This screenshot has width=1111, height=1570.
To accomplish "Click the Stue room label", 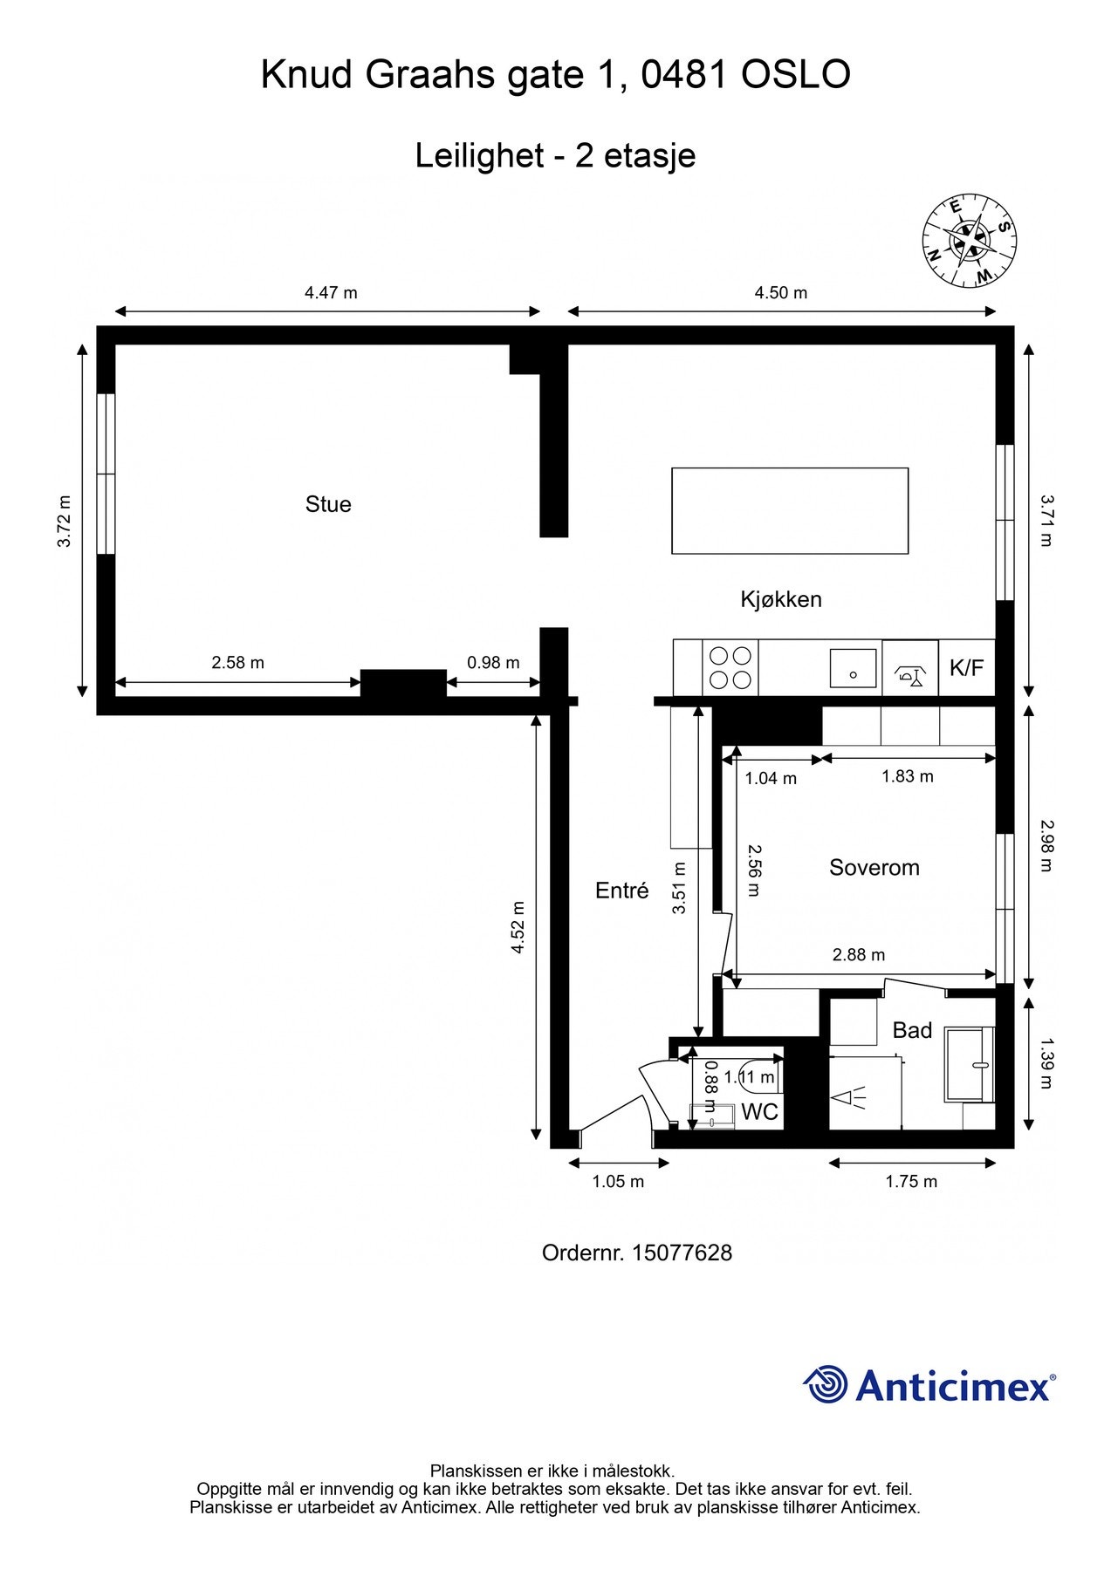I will point(328,504).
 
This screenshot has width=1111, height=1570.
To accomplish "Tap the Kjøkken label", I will point(781,599).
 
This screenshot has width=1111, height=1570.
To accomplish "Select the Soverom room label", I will point(874,867).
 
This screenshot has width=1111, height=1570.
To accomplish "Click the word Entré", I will point(621,891).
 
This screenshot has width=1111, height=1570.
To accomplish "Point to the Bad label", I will point(912,1030).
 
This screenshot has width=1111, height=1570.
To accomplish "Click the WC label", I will point(759,1112).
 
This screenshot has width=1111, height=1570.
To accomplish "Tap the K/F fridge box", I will point(966,668).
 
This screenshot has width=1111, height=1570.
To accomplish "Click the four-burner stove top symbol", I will point(730,667).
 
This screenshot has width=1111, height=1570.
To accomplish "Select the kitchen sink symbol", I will point(853,668).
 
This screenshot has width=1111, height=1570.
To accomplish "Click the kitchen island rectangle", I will point(789,510).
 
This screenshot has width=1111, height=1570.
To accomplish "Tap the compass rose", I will point(970,241).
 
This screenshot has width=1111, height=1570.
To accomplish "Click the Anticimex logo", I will point(929,1385).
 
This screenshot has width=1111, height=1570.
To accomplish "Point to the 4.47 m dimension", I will point(331,293).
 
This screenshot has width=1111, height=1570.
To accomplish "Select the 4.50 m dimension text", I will point(780,293).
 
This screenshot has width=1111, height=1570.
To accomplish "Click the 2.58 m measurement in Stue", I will point(237,663).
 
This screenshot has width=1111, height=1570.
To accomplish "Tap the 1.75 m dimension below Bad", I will point(911,1182).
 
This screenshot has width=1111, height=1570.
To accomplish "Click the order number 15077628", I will point(682,1253).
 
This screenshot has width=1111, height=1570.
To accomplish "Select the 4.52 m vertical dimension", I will point(518,927).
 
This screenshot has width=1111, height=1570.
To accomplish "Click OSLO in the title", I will point(795,75).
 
